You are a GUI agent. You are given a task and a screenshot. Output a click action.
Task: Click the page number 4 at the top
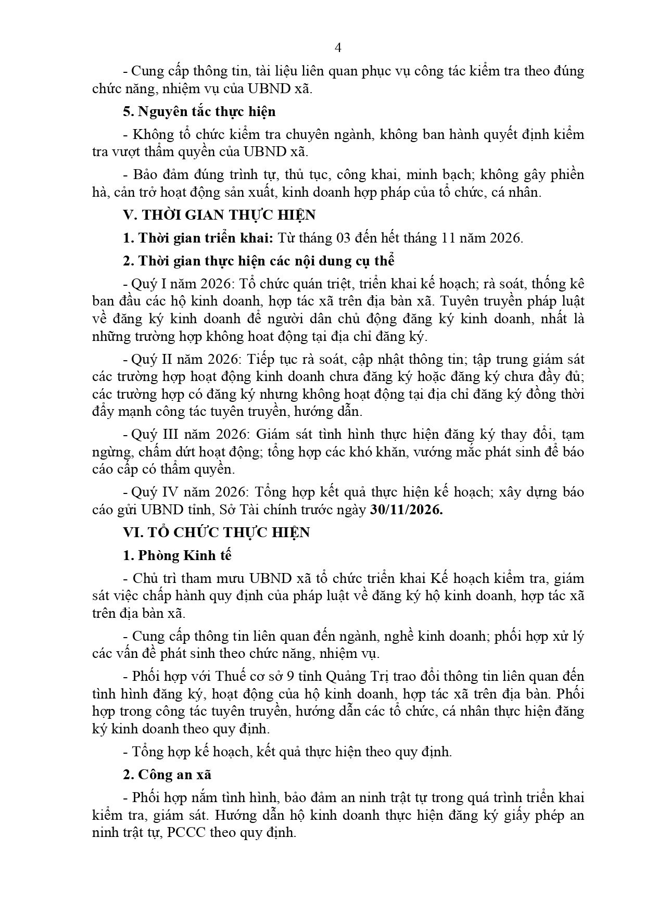point(338,48)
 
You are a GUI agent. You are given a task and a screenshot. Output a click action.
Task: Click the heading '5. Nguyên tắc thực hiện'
point(199,111)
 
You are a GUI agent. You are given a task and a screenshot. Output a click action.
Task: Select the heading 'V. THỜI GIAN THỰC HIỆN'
point(219,215)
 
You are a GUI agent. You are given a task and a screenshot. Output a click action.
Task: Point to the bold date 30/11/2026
point(406,510)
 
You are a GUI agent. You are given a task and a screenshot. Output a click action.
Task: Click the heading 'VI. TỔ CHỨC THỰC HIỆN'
point(216,532)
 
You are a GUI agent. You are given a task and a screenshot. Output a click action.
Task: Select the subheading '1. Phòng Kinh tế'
point(177,555)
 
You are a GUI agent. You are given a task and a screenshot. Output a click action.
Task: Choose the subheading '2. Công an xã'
point(167,775)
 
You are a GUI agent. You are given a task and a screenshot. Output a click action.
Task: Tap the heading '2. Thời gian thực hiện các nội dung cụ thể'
point(258,261)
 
